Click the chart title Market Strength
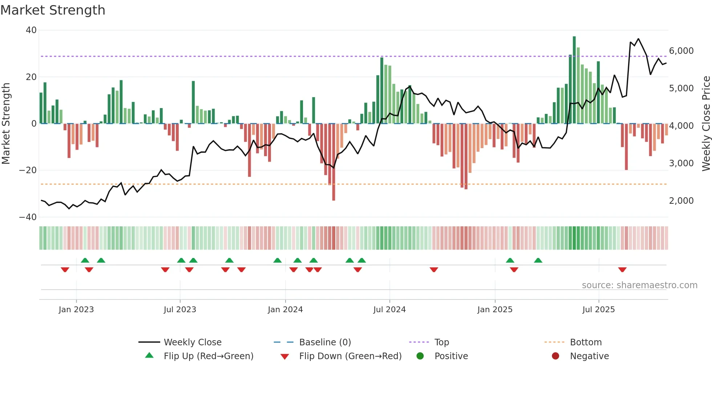pos(53,10)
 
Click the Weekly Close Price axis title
pos(706,123)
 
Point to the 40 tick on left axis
pos(31,30)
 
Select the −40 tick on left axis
pos(28,217)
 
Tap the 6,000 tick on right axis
pos(681,51)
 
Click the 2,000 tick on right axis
pos(681,201)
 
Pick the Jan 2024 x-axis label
pos(285,310)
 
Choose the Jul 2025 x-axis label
pos(598,310)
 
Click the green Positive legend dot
pos(420,356)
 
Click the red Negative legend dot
pos(555,356)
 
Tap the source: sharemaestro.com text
pos(639,285)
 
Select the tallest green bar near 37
pos(574,80)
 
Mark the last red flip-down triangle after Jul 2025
pos(622,270)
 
